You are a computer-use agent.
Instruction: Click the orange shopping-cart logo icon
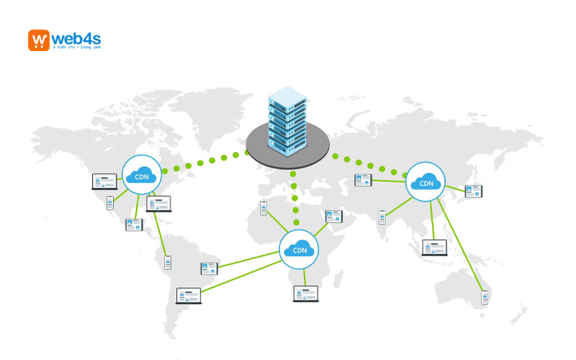click(39, 40)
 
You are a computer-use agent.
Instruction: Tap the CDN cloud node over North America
click(141, 174)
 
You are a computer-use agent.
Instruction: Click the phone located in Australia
click(485, 297)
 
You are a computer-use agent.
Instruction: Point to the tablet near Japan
click(473, 192)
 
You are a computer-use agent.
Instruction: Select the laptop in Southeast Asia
click(434, 248)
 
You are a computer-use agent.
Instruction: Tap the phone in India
click(382, 216)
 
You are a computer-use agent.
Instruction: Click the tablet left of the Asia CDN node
click(362, 181)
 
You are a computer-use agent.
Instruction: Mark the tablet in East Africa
click(334, 216)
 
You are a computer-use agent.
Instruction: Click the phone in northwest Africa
click(264, 208)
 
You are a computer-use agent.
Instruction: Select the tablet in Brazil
click(209, 269)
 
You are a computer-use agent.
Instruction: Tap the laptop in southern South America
click(189, 296)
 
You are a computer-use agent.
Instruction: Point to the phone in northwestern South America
click(168, 262)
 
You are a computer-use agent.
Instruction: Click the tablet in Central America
click(134, 224)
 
